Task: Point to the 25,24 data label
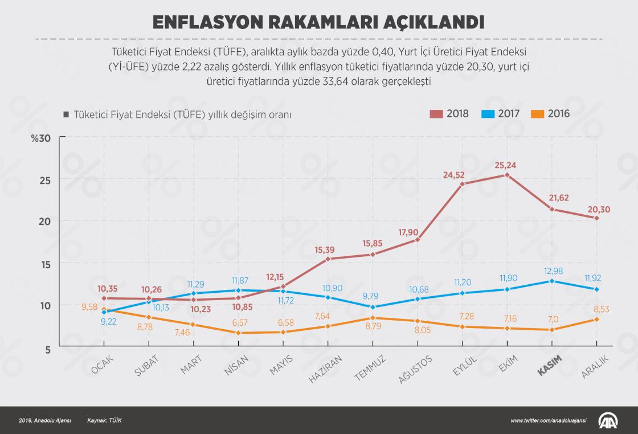[507, 166]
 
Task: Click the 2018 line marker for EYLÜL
[463, 184]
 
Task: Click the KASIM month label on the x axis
[550, 366]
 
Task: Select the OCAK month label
[103, 366]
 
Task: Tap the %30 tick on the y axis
[41, 138]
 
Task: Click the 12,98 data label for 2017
[552, 271]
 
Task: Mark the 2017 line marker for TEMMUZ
[373, 306]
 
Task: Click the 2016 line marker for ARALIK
[596, 320]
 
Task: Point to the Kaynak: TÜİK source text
[105, 420]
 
